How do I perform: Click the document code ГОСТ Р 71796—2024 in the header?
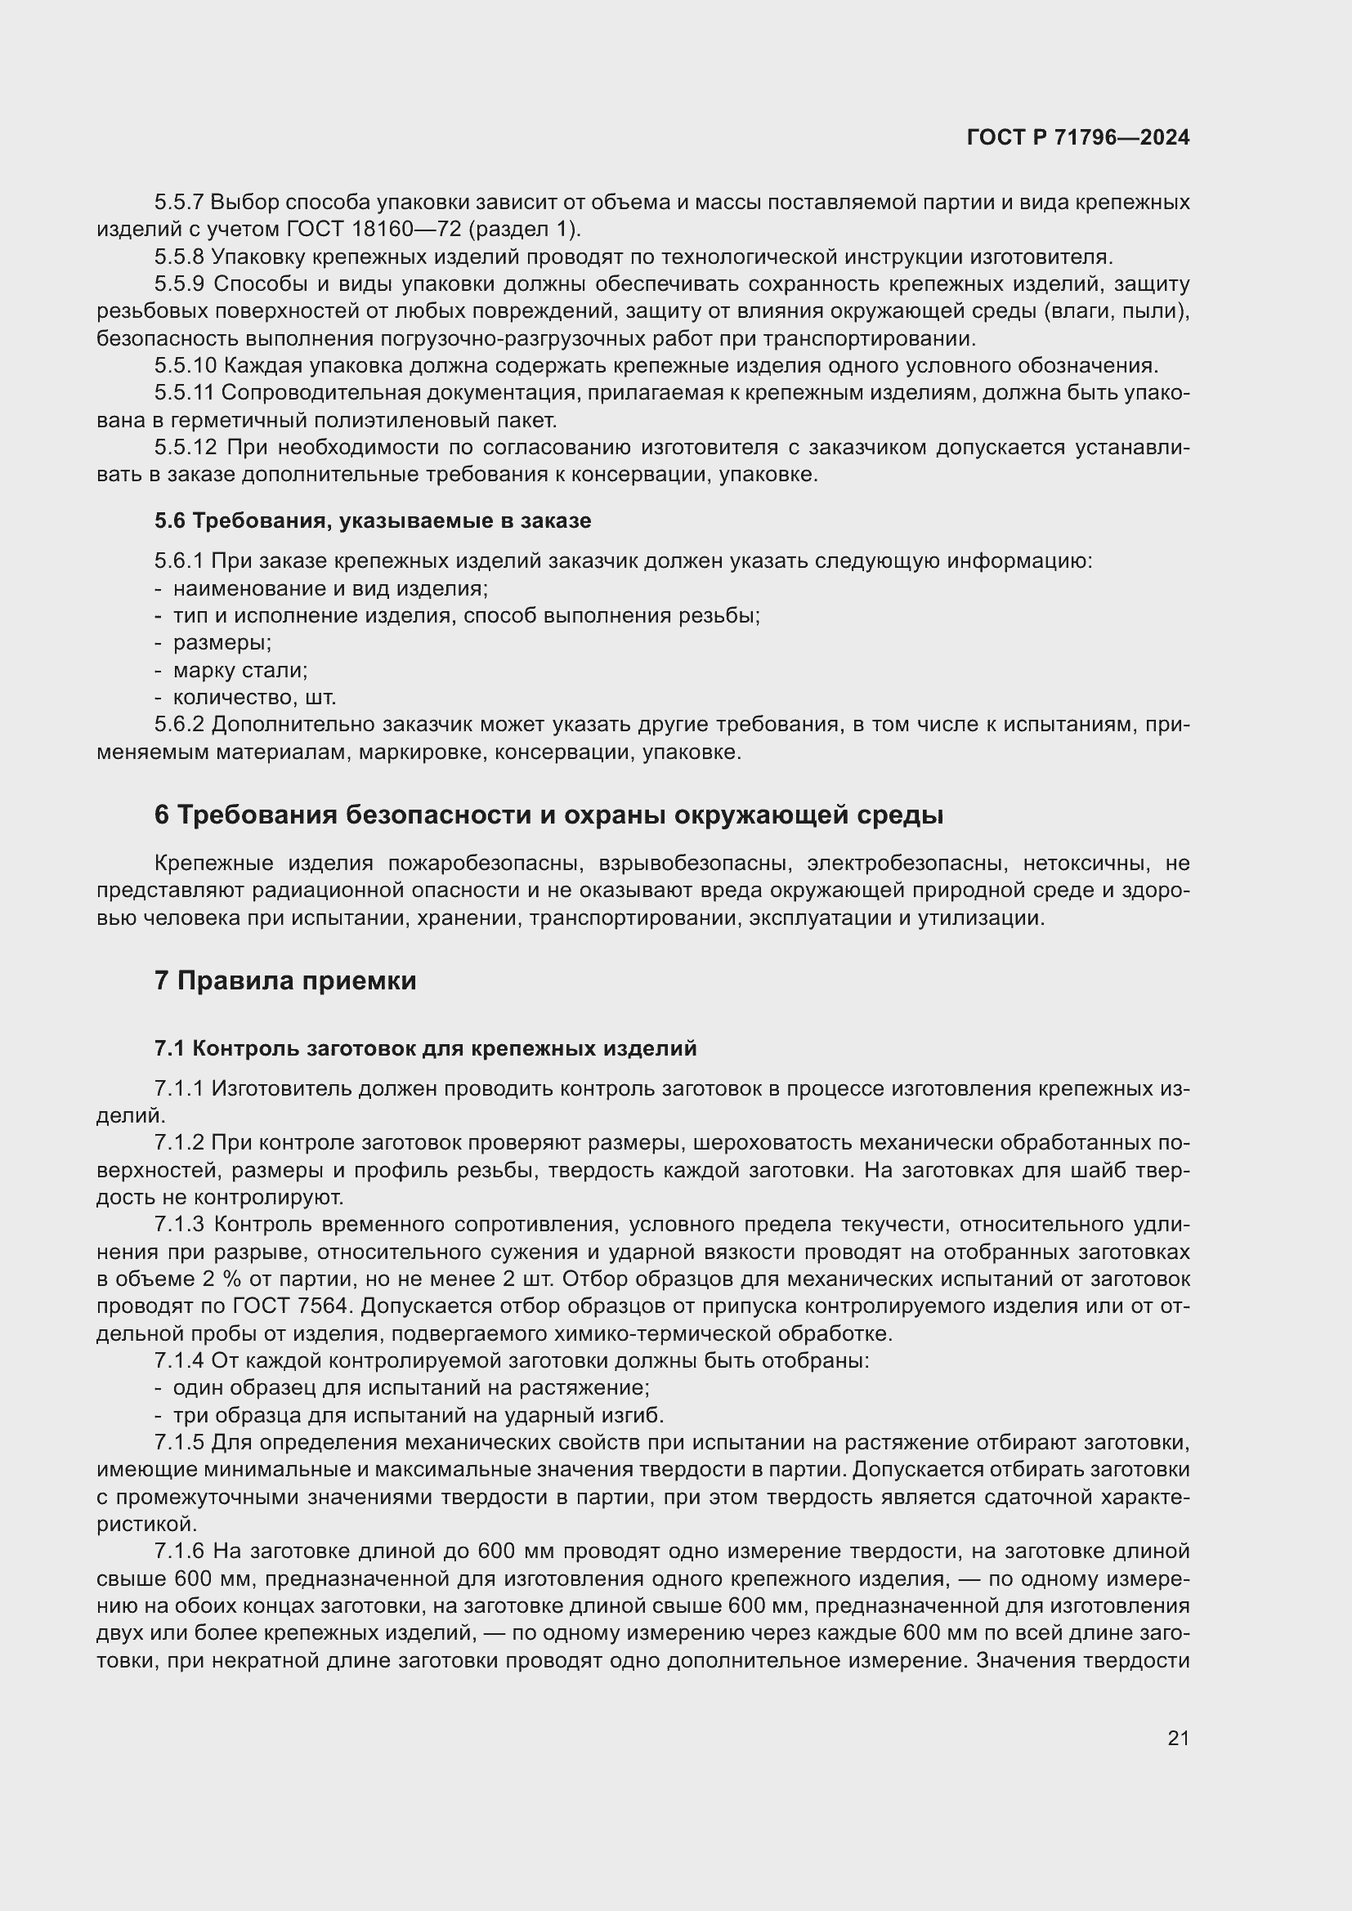coord(1078,138)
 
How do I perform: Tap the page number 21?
coord(1178,1738)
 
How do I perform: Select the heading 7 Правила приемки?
coord(284,980)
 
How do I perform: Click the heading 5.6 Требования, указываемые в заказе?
coord(372,521)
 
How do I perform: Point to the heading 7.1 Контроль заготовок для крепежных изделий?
coord(424,1049)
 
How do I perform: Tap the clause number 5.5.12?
coord(185,448)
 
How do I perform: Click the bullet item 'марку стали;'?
coord(240,670)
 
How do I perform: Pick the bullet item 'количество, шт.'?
coord(254,698)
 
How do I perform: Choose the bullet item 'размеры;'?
coord(222,642)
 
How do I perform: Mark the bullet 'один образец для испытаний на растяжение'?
coord(410,1387)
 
